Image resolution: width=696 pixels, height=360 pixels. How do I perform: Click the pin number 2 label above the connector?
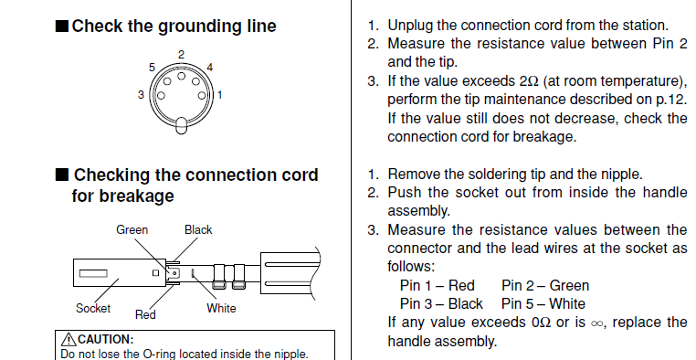tap(181, 55)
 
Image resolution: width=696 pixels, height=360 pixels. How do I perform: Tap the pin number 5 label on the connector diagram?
tap(152, 68)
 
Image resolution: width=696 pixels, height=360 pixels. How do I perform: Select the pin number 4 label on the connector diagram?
tap(209, 68)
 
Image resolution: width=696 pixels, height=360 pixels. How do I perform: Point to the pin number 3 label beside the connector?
tap(142, 94)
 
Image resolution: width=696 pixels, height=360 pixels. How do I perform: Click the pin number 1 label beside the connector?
tap(219, 94)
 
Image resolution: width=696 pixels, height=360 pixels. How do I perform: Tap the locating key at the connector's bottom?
tap(181, 125)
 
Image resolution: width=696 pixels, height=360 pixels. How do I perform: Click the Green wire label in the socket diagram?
tap(132, 230)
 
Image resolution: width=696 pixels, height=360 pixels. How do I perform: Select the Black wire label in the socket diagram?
tap(198, 230)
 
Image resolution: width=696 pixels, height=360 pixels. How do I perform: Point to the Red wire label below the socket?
tap(145, 314)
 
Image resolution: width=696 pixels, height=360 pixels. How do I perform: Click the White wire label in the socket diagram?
tap(221, 308)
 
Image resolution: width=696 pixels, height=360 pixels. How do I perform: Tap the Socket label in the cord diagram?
tap(93, 308)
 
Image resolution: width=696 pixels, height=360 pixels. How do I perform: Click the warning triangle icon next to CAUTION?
tap(69, 340)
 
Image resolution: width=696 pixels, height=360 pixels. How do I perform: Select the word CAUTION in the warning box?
tap(106, 340)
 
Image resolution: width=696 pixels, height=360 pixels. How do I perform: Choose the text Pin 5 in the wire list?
tap(515, 303)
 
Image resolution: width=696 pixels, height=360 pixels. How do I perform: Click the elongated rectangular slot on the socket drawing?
tap(93, 273)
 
